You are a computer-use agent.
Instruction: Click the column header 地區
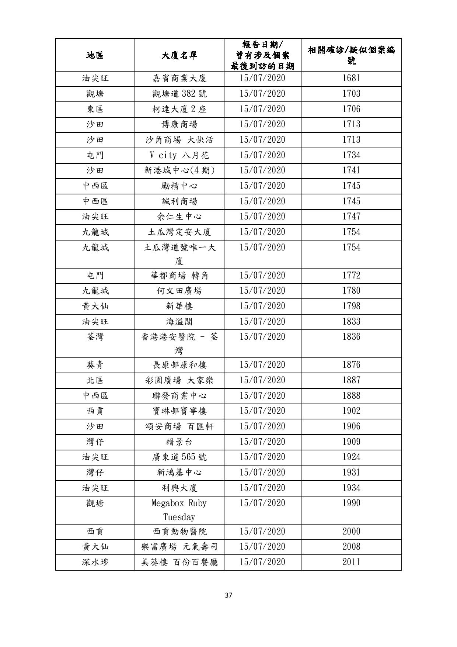coord(95,55)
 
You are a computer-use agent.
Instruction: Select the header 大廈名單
coord(179,55)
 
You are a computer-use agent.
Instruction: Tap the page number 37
coord(228,595)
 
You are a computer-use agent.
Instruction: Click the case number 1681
coord(351,78)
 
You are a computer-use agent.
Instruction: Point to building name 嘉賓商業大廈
coord(179,79)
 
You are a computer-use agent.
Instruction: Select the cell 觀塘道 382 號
coord(179,94)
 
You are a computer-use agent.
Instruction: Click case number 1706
coord(351,109)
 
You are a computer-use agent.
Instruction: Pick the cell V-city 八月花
coord(179,155)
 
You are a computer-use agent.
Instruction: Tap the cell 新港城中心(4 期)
coord(179,170)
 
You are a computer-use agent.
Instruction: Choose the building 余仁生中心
coord(179,217)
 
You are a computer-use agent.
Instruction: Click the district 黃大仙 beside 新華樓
coord(95,306)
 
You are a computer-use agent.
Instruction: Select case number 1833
coord(351,321)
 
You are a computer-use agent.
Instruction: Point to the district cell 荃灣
coord(95,337)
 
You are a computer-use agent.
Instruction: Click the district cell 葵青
coord(95,365)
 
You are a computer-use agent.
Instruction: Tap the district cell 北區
coord(95,380)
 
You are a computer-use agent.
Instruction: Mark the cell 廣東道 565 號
coord(179,457)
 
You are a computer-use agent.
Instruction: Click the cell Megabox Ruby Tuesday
coord(179,510)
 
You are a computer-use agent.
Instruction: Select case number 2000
coord(351,532)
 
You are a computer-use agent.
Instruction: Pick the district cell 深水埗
coord(95,562)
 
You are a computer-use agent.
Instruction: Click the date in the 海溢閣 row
coord(262,321)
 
